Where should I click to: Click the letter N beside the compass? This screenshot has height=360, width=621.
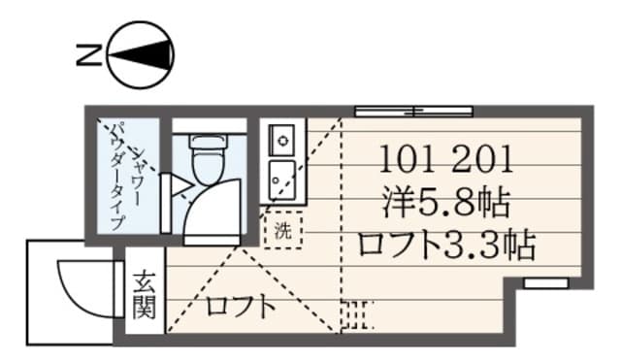click(x=85, y=54)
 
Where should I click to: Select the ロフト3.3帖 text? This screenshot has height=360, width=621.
click(x=445, y=245)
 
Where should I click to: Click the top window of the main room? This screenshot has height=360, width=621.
click(x=413, y=110)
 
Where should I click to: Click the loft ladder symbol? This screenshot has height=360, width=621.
click(x=358, y=316)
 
